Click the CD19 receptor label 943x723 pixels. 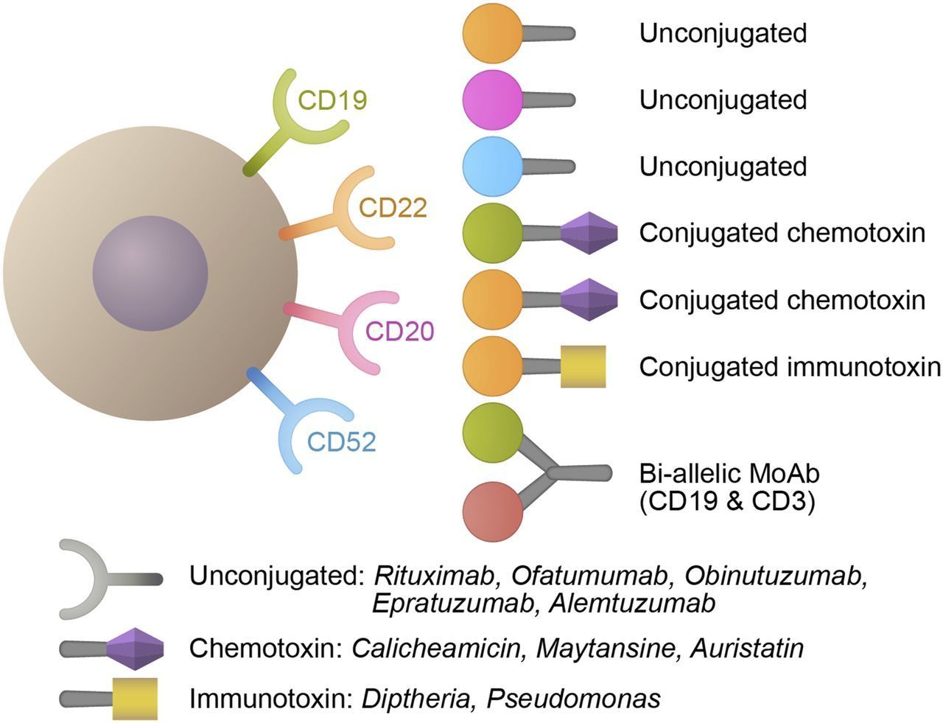(332, 99)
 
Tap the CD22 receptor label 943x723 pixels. (393, 208)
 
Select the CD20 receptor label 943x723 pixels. (400, 331)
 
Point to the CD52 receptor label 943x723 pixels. (341, 441)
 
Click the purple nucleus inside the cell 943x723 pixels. (150, 273)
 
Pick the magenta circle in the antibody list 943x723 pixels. (492, 99)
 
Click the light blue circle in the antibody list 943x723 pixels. (492, 166)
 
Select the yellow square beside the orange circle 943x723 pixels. (583, 366)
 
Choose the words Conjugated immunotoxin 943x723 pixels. (790, 366)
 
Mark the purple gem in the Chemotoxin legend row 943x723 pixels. (135, 649)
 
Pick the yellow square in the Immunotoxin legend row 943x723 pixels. (135, 698)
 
